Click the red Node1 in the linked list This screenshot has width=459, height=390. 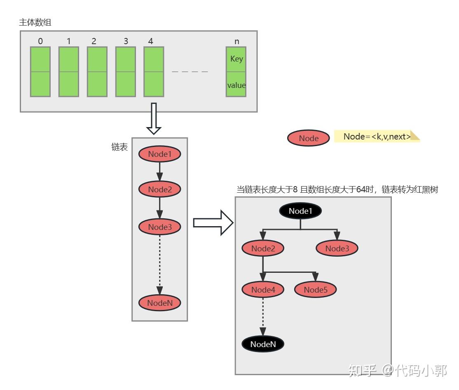click(x=159, y=154)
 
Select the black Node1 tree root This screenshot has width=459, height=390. click(x=300, y=211)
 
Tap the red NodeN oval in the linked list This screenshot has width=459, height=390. click(x=159, y=303)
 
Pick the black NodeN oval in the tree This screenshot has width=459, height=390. click(x=263, y=344)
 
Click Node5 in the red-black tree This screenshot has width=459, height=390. click(x=316, y=289)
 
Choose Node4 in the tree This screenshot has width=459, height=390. click(x=263, y=289)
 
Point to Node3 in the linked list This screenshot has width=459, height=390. click(x=159, y=227)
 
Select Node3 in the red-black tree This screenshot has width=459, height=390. click(x=337, y=248)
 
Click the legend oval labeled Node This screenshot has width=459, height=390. click(x=309, y=138)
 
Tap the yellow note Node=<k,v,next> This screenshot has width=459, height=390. click(x=377, y=137)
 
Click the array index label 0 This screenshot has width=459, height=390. click(x=40, y=41)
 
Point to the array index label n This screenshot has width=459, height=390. click(x=237, y=41)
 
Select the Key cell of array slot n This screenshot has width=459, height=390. click(x=237, y=59)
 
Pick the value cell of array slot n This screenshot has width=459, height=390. click(x=237, y=85)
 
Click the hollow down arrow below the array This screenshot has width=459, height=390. click(x=154, y=120)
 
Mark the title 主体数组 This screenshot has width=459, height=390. click(x=35, y=22)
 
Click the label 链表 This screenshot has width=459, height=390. click(x=119, y=147)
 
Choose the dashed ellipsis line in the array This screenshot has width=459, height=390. click(x=190, y=72)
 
